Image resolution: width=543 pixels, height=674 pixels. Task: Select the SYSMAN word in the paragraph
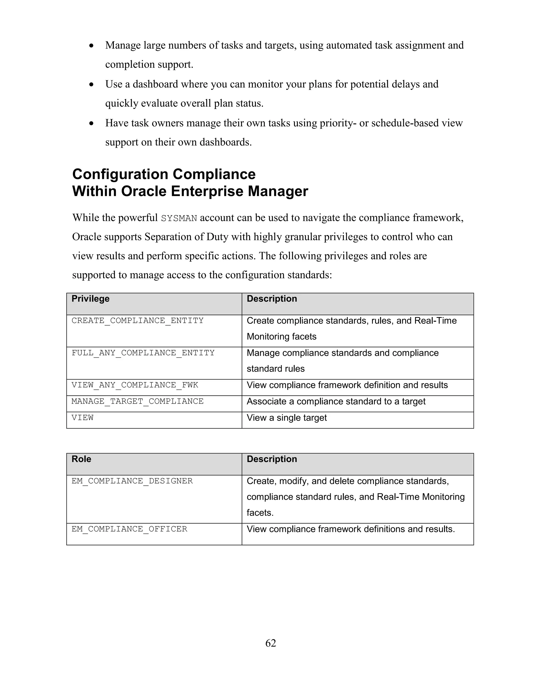(179, 218)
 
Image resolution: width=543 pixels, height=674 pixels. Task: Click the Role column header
(81, 459)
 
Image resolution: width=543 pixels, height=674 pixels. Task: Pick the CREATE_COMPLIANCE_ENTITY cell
(137, 321)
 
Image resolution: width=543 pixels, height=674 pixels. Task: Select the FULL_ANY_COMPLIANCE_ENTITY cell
(143, 353)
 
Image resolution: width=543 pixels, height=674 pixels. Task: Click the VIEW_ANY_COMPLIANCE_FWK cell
(135, 385)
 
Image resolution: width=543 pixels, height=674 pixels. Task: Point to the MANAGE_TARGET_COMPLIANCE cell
(137, 401)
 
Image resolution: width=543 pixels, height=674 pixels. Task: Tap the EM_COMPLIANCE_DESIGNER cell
(132, 481)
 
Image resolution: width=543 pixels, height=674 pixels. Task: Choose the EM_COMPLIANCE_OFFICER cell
(129, 529)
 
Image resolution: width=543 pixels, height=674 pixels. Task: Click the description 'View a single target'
(287, 418)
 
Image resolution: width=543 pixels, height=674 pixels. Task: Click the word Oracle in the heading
(143, 191)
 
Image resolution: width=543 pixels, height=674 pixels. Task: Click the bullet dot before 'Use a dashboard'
(91, 85)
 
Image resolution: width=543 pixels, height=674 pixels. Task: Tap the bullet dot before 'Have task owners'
(91, 124)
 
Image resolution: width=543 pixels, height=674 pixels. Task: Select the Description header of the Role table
(272, 459)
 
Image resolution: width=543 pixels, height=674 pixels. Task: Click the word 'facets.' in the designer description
(260, 513)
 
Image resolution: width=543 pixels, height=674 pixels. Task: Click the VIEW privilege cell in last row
(82, 418)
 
